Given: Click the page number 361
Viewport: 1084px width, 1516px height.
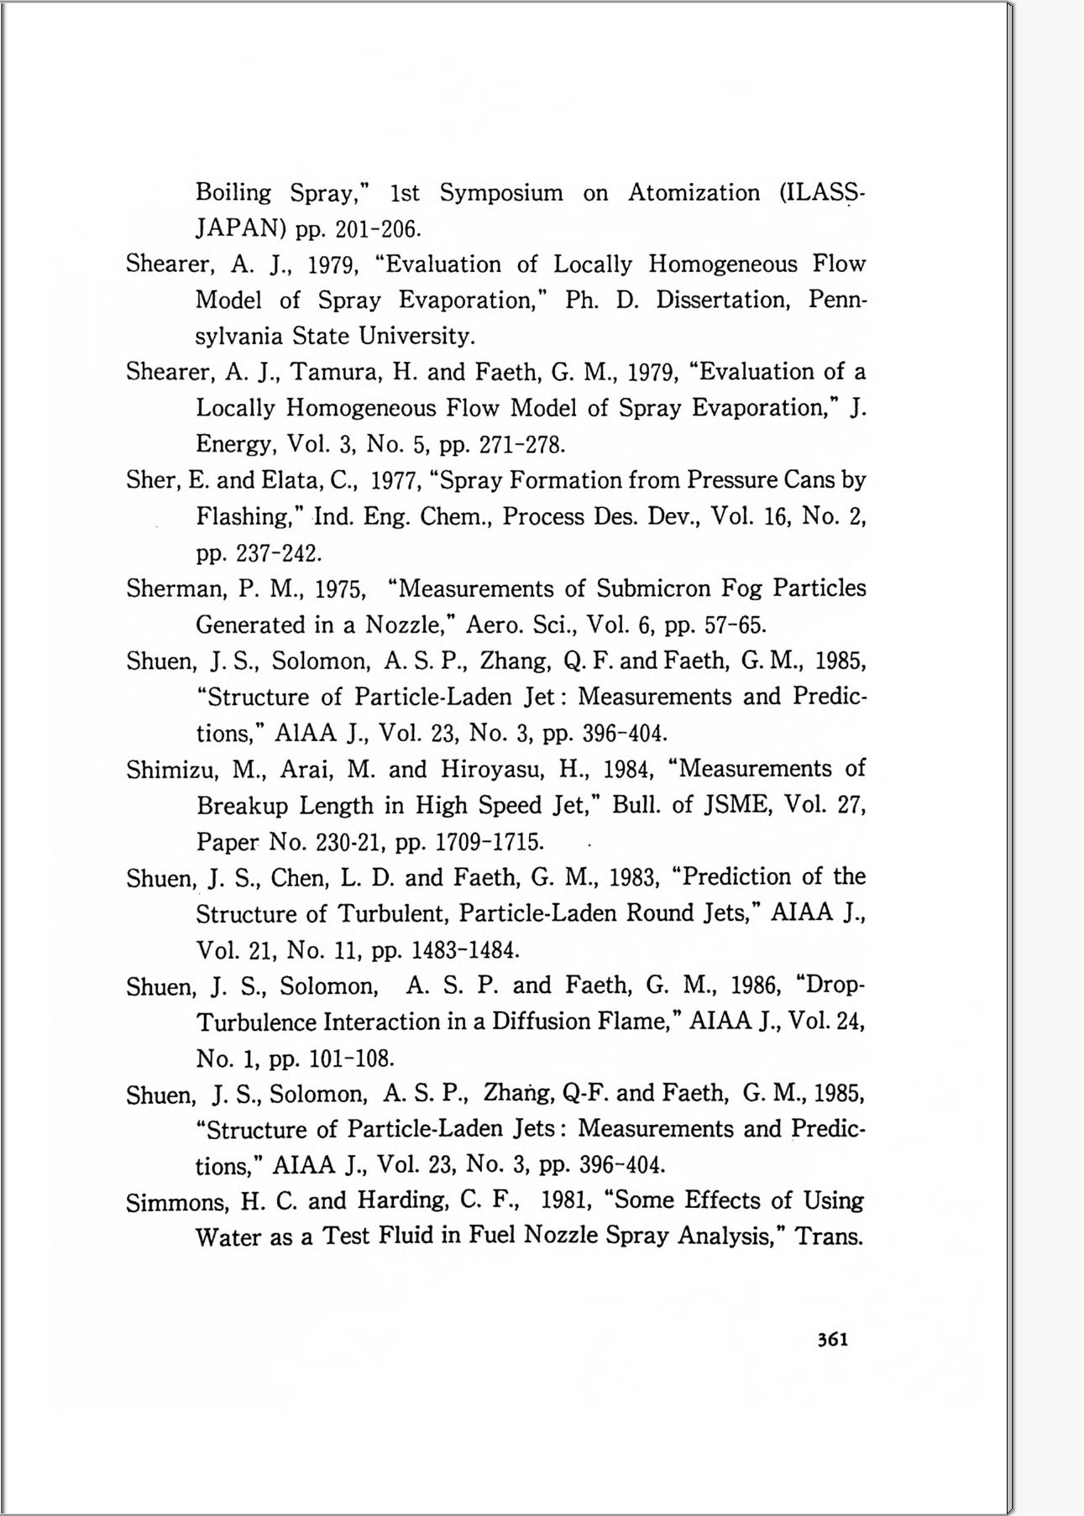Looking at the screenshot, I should pyautogui.click(x=832, y=1340).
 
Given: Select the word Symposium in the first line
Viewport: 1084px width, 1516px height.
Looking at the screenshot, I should pyautogui.click(x=501, y=194).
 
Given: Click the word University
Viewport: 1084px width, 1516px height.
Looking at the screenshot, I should pyautogui.click(x=417, y=337).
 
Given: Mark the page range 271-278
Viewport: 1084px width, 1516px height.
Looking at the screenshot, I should pyautogui.click(x=522, y=444).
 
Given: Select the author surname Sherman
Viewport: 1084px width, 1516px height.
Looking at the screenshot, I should pyautogui.click(x=174, y=588).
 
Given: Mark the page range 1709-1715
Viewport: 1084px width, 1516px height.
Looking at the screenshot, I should pyautogui.click(x=490, y=842).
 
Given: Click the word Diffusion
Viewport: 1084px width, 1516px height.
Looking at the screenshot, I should pyautogui.click(x=541, y=1022).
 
